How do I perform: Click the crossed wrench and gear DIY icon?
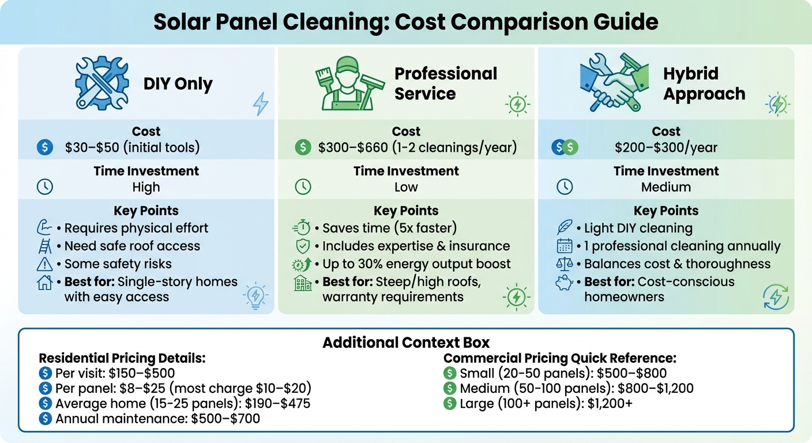[x=101, y=83]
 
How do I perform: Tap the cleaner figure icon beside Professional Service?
[x=345, y=83]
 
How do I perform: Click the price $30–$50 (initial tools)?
[x=133, y=147]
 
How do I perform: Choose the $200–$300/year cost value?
[x=666, y=148]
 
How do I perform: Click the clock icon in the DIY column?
[x=44, y=187]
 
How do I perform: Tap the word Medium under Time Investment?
[x=666, y=187]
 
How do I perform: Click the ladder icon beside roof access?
[x=44, y=246]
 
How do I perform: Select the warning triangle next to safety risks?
[x=44, y=264]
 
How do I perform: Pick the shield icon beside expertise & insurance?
[x=303, y=246]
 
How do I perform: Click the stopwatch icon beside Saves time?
[x=302, y=228]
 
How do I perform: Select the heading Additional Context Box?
[x=406, y=342]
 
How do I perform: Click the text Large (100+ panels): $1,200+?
[x=546, y=403]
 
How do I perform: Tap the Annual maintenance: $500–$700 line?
[x=157, y=418]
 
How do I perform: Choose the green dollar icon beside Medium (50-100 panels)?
[x=450, y=388]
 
